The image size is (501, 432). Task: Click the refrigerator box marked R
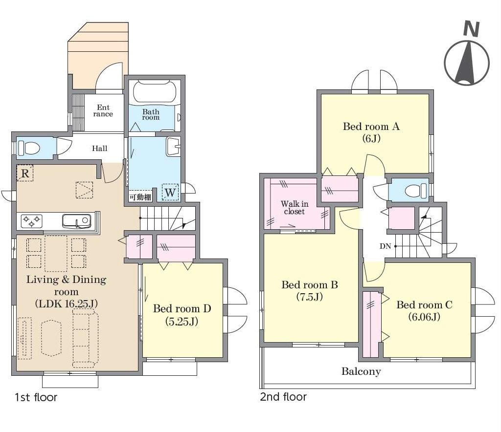click(x=25, y=173)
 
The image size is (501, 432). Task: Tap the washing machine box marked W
click(x=170, y=192)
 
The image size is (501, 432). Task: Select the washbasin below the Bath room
click(x=173, y=147)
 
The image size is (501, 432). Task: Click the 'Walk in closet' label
click(x=294, y=208)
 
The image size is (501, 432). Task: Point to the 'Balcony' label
click(x=361, y=371)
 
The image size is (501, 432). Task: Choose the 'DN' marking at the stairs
click(x=386, y=246)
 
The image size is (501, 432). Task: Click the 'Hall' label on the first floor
click(x=100, y=149)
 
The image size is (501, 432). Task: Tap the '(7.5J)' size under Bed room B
click(x=309, y=297)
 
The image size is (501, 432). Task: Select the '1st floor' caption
click(x=36, y=397)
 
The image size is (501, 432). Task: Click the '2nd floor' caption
click(x=283, y=397)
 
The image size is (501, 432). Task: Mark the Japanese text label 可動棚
click(x=140, y=197)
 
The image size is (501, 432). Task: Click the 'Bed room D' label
click(x=182, y=308)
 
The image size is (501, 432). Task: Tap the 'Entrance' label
click(x=103, y=111)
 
